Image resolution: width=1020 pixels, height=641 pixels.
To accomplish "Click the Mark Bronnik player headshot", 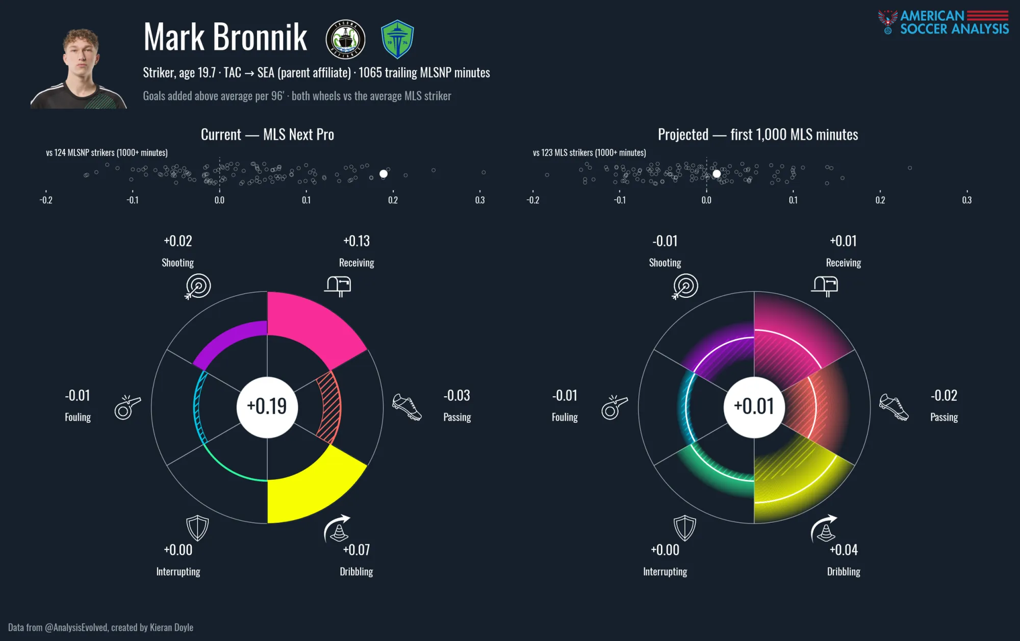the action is [x=79, y=68].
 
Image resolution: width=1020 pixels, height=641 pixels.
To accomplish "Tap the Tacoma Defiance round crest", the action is [x=346, y=39].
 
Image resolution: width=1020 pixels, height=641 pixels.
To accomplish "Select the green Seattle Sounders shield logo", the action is [x=397, y=39].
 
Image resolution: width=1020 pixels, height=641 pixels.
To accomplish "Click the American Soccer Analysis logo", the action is [x=943, y=22].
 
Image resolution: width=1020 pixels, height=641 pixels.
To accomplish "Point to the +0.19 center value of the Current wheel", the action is [x=267, y=407].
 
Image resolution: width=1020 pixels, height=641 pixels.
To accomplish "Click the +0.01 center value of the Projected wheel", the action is [x=754, y=407].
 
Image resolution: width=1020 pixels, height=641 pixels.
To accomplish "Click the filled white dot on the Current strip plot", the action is [x=384, y=174].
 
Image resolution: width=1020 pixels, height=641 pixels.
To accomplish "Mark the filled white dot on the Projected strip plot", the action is [x=717, y=174].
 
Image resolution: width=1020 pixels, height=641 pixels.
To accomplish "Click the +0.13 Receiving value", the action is [x=356, y=241].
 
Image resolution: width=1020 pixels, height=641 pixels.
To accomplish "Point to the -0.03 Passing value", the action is [x=457, y=396].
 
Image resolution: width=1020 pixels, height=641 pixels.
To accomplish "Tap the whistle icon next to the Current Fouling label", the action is [x=127, y=407].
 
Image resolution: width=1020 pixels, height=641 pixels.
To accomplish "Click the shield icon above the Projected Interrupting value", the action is [x=684, y=528].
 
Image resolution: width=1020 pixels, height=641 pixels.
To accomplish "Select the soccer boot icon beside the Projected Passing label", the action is [x=894, y=407].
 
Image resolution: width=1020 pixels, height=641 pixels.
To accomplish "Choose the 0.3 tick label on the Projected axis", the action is [x=966, y=200].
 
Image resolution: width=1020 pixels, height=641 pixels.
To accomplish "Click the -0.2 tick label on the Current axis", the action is [x=46, y=200].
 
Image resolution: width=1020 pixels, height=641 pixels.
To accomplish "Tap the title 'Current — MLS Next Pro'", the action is [x=267, y=135].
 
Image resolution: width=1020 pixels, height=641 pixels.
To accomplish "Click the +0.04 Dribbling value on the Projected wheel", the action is [x=844, y=550].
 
